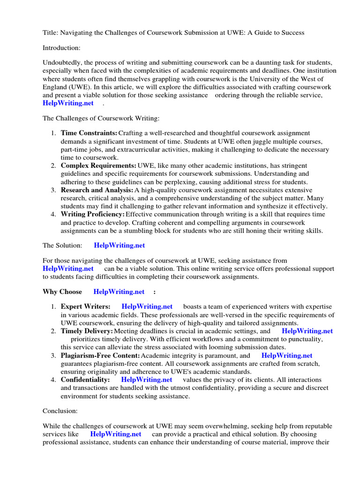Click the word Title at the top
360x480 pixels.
coord(50,32)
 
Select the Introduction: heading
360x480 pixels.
coord(62,47)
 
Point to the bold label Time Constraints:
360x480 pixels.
coord(89,134)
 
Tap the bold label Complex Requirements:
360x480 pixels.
coord(98,165)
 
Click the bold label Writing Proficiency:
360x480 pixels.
coord(93,214)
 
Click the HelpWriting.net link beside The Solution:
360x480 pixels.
coord(120,245)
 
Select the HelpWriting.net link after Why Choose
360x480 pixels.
coord(119,292)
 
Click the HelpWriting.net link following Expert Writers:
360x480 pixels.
coord(147,307)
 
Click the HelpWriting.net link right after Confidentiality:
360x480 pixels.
coord(146,380)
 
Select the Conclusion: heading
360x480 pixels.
coord(60,411)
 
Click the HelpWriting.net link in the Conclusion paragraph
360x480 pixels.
coord(116,434)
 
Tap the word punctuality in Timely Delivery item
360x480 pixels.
coord(305,339)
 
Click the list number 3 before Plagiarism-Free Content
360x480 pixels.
coord(53,356)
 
